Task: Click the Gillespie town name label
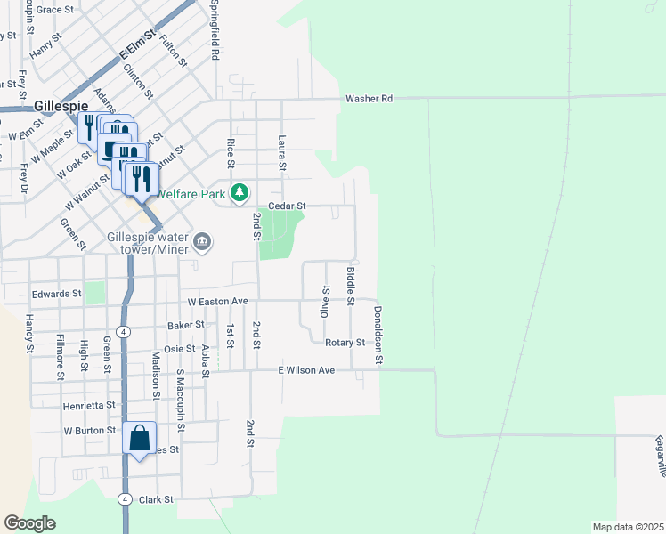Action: (x=61, y=105)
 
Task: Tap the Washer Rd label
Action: (x=369, y=99)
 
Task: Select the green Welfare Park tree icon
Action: (x=240, y=192)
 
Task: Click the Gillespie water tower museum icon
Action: (x=202, y=241)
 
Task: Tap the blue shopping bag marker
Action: (x=140, y=438)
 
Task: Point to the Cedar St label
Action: (x=288, y=206)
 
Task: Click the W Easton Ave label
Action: (x=215, y=302)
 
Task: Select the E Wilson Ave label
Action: (x=306, y=369)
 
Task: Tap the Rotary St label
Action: (x=348, y=342)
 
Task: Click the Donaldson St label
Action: (x=378, y=335)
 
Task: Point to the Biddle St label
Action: (x=351, y=285)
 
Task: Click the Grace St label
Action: (x=55, y=9)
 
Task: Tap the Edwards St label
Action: (x=56, y=293)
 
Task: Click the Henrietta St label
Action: (x=89, y=405)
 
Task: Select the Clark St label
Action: (x=156, y=500)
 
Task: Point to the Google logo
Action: (x=29, y=523)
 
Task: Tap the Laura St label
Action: (x=281, y=152)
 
